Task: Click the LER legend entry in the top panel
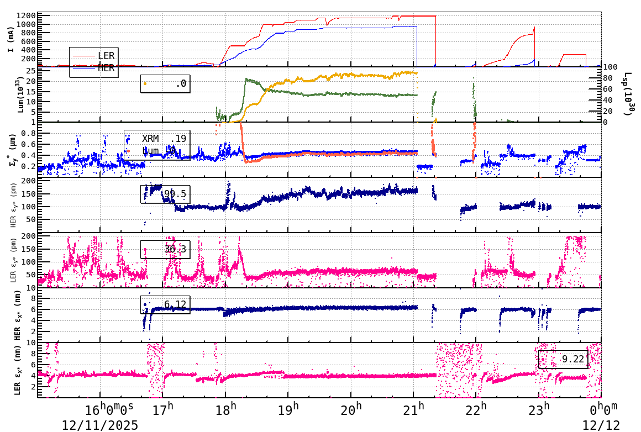click(x=106, y=55)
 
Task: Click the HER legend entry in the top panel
click(x=106, y=67)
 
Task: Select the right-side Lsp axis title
click(x=627, y=94)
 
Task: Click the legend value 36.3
click(x=175, y=249)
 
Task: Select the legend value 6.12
click(x=175, y=304)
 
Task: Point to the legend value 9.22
click(x=572, y=359)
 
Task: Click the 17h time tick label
click(x=163, y=410)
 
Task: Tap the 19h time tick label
click(x=288, y=410)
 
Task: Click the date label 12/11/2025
click(x=99, y=425)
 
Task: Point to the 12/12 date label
click(x=601, y=425)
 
